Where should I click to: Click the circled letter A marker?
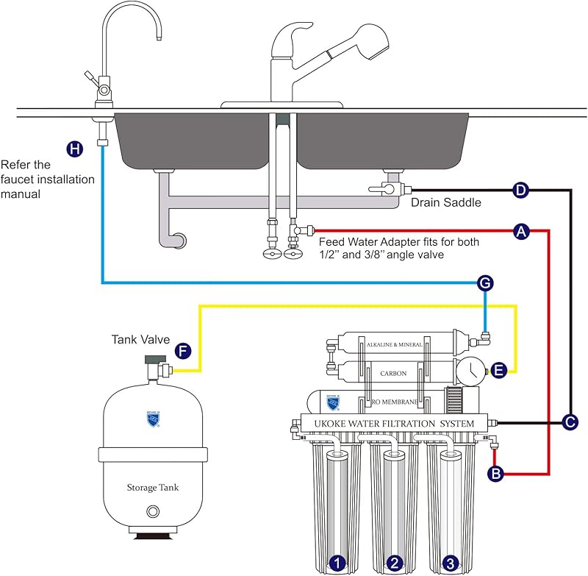521,232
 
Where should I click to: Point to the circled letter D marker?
520,191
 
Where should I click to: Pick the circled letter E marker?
498,371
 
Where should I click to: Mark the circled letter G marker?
484,283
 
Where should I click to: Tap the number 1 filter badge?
337,563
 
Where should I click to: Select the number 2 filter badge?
395,563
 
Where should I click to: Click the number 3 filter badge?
450,563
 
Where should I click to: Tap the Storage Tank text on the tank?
152,487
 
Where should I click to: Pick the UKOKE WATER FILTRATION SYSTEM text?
395,424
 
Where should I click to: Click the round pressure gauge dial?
468,372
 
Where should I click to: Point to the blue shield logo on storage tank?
152,419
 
